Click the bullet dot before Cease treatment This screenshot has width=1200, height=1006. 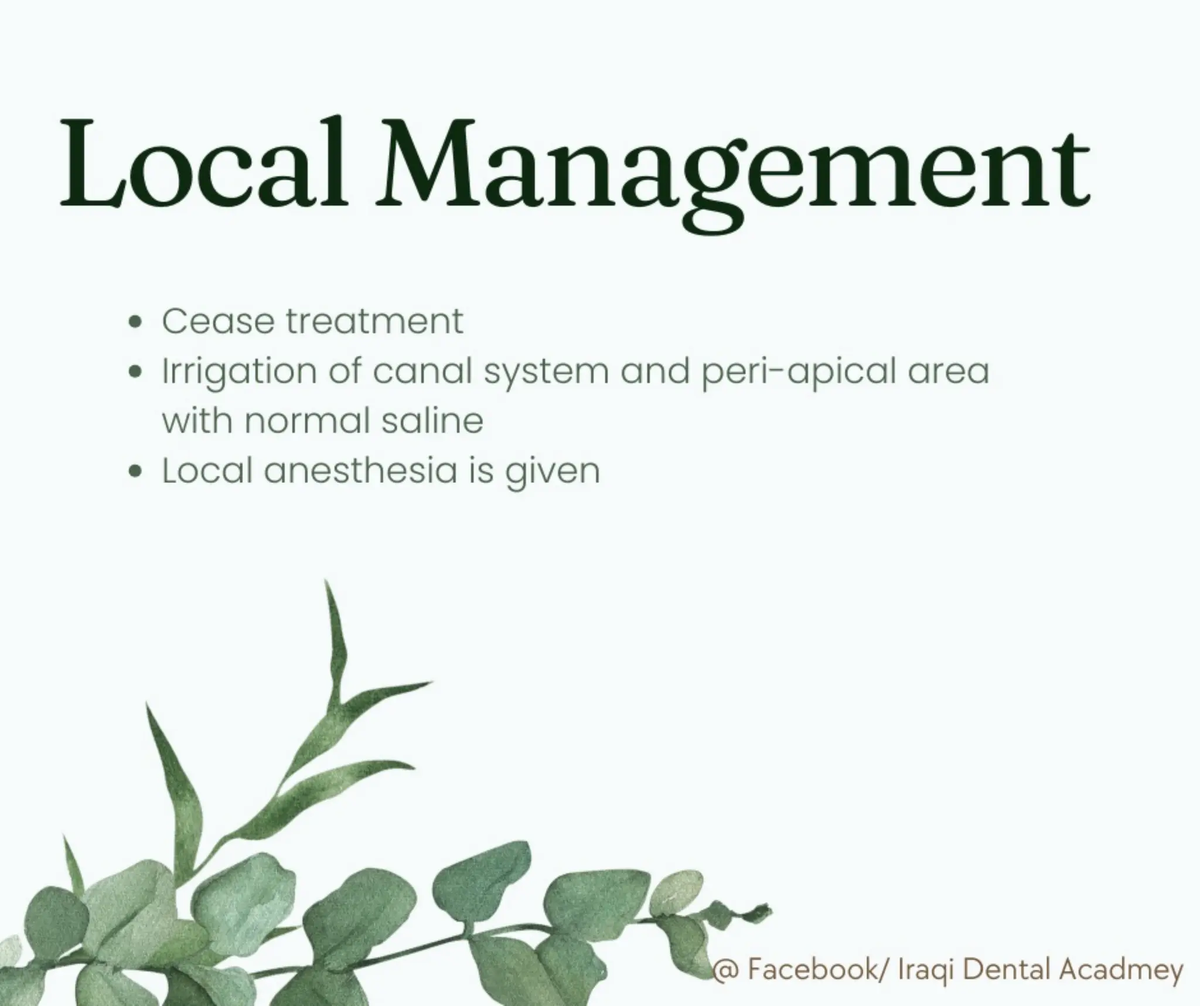tap(136, 322)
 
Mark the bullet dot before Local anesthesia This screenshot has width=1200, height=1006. tap(136, 471)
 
